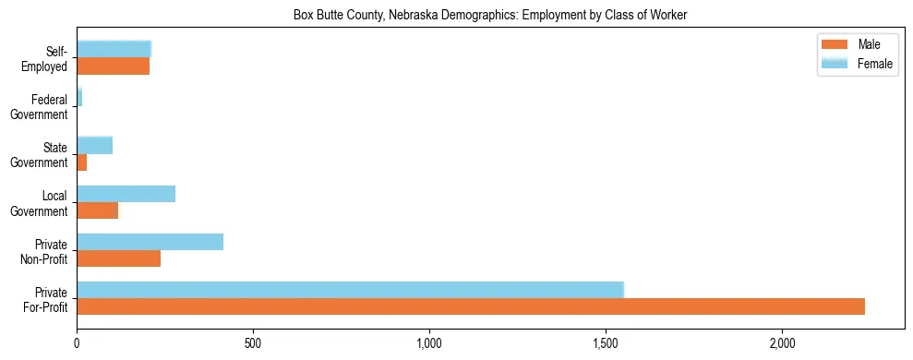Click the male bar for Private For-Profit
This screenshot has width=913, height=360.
pyautogui.click(x=471, y=306)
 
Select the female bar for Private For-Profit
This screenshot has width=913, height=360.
pyautogui.click(x=351, y=290)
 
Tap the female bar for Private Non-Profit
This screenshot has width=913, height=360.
pyautogui.click(x=150, y=242)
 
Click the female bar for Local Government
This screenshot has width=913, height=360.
pyautogui.click(x=126, y=194)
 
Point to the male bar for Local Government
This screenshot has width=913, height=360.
pyautogui.click(x=97, y=210)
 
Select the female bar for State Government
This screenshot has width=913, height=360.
pyautogui.click(x=94, y=145)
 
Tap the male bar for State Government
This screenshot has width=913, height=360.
pyautogui.click(x=81, y=162)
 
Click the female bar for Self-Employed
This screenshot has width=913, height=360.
pyautogui.click(x=114, y=49)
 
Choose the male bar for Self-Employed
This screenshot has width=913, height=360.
pyautogui.click(x=113, y=66)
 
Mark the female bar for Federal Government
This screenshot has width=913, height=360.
pyautogui.click(x=79, y=97)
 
